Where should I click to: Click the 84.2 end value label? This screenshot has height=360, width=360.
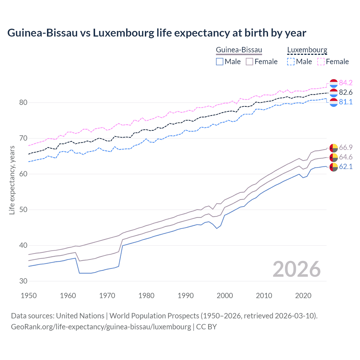[346, 83]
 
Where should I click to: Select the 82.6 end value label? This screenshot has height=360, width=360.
[346, 92]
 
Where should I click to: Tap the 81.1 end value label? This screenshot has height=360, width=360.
[346, 102]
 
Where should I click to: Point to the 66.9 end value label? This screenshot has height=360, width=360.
[346, 147]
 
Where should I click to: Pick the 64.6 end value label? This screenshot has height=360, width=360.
[346, 157]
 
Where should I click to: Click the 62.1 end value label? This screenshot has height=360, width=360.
[346, 166]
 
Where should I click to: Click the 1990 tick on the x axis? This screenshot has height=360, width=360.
[186, 296]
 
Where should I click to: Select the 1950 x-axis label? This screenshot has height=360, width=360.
[29, 296]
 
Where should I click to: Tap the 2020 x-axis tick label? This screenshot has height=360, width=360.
[303, 296]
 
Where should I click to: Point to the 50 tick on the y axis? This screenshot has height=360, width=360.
[23, 210]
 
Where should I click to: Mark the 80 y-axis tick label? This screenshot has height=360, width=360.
[23, 102]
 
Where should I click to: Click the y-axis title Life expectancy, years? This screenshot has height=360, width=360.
[12, 180]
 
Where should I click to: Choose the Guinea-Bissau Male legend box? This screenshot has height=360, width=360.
[220, 62]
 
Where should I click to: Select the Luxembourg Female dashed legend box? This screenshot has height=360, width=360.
[321, 62]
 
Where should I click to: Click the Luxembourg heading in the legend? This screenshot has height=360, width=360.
[307, 50]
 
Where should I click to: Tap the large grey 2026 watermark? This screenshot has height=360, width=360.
[296, 269]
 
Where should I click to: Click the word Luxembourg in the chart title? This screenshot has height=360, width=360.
[123, 33]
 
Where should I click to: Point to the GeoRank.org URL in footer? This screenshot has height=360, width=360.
[101, 327]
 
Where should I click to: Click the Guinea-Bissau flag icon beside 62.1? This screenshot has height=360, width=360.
[333, 167]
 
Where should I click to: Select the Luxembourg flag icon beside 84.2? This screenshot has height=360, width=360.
[333, 83]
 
